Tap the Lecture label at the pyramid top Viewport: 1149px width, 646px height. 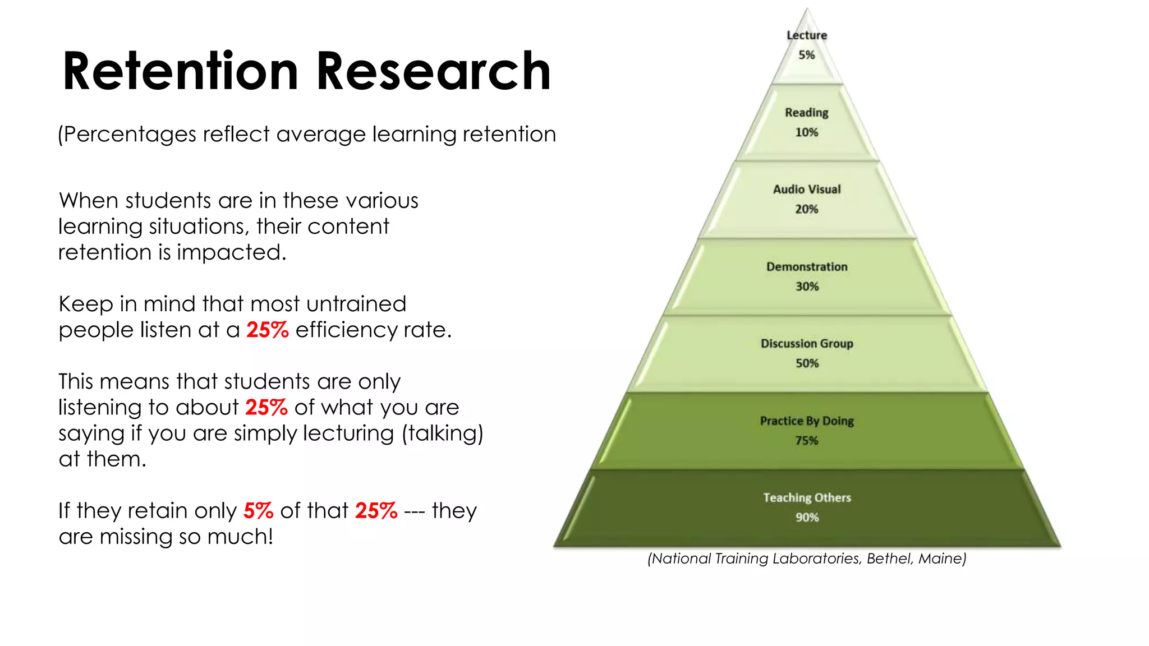(x=807, y=35)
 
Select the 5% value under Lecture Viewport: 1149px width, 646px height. (x=807, y=55)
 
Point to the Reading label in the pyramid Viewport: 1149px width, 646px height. (x=807, y=113)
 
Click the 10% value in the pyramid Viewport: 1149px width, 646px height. (x=807, y=132)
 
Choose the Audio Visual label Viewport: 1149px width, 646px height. (x=807, y=190)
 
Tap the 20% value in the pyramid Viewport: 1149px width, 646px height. (x=807, y=209)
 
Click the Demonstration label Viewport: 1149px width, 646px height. (x=807, y=267)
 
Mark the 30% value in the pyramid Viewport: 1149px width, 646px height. (x=807, y=287)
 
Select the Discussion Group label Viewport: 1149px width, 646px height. (x=807, y=344)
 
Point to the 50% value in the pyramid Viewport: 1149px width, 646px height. (x=807, y=363)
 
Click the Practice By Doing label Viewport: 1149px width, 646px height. (x=807, y=421)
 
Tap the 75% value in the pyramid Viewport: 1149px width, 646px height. (x=807, y=441)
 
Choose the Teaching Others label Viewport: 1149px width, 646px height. (x=807, y=498)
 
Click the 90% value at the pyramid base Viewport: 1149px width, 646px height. (x=807, y=518)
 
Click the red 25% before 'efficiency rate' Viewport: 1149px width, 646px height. (x=268, y=330)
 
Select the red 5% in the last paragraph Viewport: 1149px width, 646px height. (x=258, y=511)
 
